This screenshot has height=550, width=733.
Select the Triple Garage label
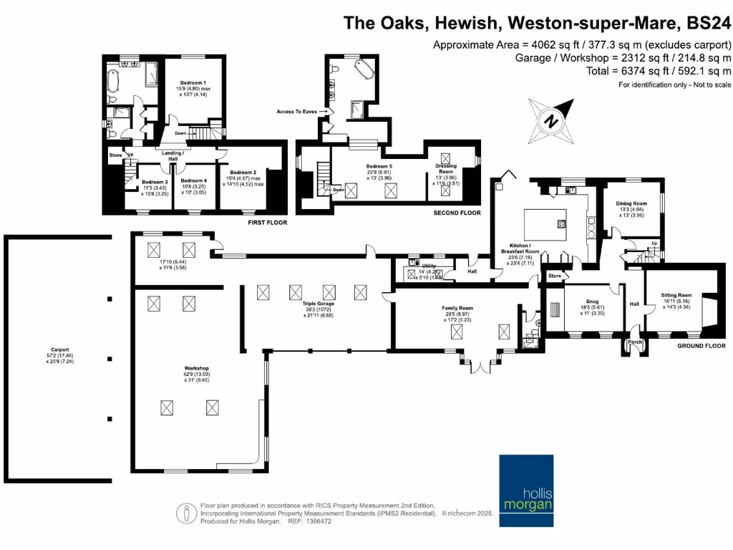click(x=314, y=304)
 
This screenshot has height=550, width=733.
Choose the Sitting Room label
click(x=676, y=294)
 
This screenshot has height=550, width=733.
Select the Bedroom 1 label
click(x=192, y=83)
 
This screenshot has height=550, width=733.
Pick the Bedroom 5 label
click(x=379, y=166)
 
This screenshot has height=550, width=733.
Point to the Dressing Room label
click(x=446, y=168)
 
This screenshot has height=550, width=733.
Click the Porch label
click(x=634, y=341)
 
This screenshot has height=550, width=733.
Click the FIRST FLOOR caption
click(x=267, y=223)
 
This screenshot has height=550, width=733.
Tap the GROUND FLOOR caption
click(x=702, y=347)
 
